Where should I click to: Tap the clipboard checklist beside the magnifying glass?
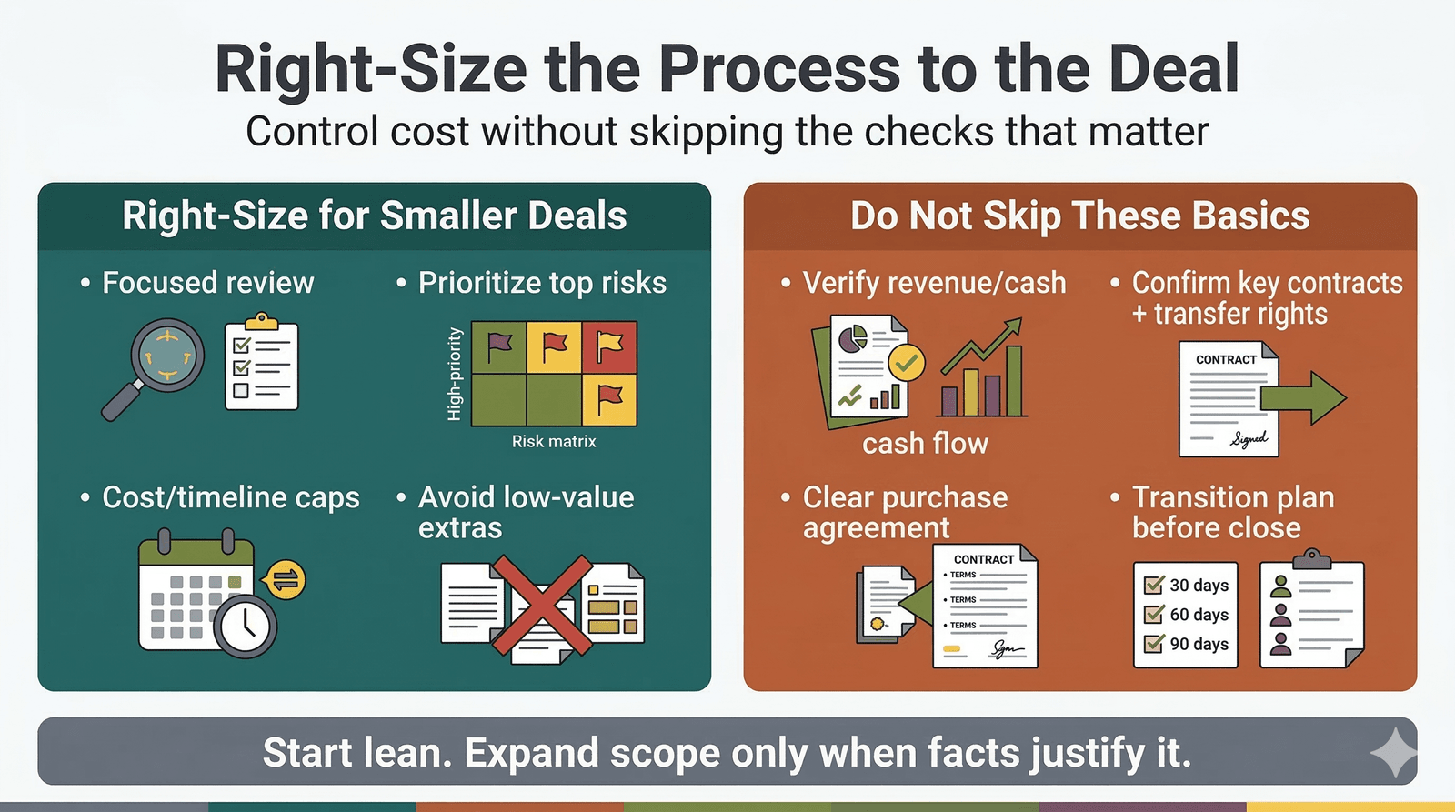coord(261,364)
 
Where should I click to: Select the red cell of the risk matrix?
coord(609,346)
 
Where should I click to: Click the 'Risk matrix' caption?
coord(554,442)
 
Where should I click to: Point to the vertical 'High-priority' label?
coord(455,374)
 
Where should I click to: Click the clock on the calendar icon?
coord(246,626)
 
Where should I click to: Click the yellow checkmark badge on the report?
coord(906,363)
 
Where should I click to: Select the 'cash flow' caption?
coord(925,444)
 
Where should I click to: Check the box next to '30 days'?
coord(1154,585)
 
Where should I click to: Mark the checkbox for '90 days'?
coord(1154,644)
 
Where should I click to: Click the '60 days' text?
coord(1199,615)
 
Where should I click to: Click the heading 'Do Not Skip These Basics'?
coord(1079,216)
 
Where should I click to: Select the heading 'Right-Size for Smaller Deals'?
coord(375,216)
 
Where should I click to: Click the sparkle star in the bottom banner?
coord(1393,753)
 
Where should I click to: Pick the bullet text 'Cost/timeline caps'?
coord(231,497)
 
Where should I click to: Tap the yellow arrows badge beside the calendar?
coord(285,579)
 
